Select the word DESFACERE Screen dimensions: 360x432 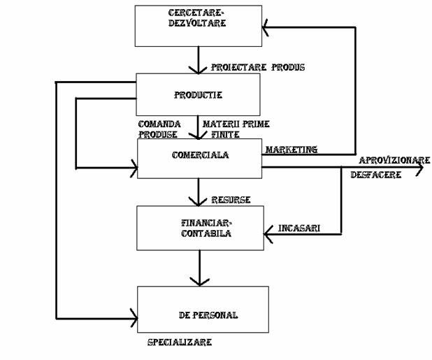[x=375, y=175]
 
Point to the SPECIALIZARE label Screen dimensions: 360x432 [x=180, y=343]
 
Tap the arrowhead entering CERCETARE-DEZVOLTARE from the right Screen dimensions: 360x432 [x=266, y=27]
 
